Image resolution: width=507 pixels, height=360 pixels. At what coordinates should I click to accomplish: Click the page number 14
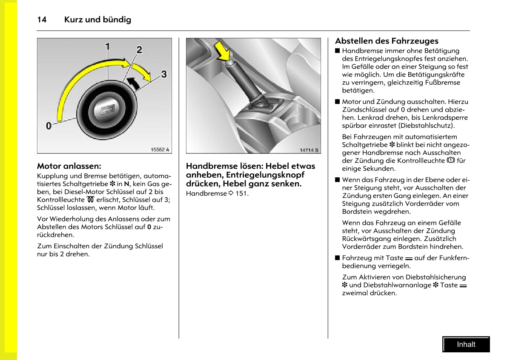tap(42, 20)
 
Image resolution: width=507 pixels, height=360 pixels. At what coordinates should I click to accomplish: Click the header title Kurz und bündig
tap(97, 20)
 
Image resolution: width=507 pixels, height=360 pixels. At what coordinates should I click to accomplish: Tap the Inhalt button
tap(466, 345)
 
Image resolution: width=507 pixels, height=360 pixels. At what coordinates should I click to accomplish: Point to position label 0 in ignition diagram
tap(49, 126)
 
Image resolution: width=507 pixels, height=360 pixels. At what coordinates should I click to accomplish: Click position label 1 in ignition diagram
tap(108, 46)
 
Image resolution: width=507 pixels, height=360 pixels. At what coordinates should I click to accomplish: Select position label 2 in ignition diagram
tap(139, 50)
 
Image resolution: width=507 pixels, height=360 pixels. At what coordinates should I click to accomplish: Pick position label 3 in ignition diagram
tap(163, 74)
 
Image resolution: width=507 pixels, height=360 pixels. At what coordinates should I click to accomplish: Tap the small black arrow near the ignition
tap(134, 83)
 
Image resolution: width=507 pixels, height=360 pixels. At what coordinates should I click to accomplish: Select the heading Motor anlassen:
tap(69, 166)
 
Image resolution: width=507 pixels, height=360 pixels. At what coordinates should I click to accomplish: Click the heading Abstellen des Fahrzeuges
tap(387, 41)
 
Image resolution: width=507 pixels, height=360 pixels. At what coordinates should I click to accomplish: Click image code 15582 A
tap(160, 150)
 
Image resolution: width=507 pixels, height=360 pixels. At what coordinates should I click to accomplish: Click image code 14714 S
tap(309, 150)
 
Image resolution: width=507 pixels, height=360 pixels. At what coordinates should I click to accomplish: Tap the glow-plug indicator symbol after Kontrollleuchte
tap(89, 200)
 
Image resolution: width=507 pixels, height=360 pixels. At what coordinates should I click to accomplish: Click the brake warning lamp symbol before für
tap(451, 161)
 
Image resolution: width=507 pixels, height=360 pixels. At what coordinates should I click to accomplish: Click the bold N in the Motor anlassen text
tap(127, 184)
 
